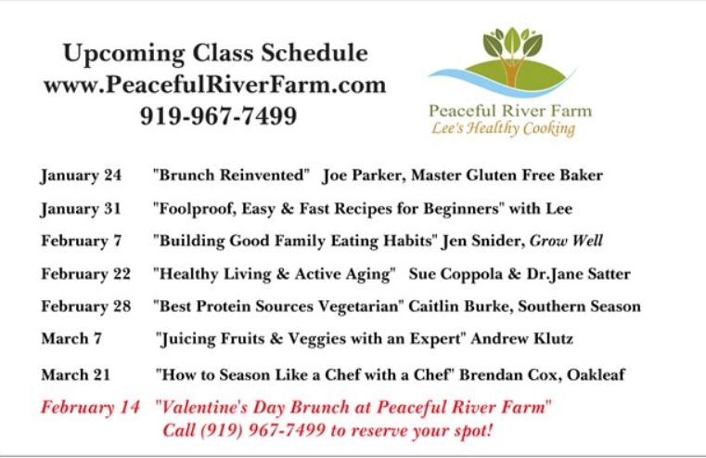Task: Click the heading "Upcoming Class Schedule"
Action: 215,54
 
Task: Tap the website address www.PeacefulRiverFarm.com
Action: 215,85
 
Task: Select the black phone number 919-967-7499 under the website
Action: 218,115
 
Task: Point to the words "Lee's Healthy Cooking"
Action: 503,129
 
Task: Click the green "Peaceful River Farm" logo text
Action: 510,111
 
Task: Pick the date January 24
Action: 81,176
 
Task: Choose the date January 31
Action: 81,209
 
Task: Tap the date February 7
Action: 82,242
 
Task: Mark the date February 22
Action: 86,274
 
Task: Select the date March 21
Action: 76,374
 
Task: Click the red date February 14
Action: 90,408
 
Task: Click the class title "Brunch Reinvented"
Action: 231,175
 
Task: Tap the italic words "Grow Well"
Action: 566,241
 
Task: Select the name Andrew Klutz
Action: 521,338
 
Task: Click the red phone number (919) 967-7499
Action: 263,430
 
